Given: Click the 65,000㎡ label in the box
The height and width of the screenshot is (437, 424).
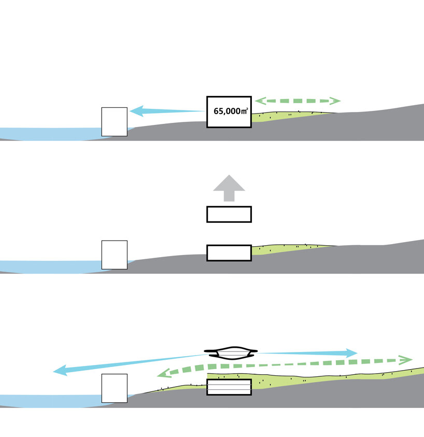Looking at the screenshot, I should [230, 111].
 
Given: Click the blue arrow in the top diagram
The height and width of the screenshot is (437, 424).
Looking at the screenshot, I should [166, 110].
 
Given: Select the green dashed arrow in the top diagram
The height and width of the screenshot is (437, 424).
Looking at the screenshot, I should [297, 101].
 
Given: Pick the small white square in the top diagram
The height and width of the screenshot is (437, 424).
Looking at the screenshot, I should [114, 122].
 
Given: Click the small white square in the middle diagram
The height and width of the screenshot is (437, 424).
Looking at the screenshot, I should [114, 255].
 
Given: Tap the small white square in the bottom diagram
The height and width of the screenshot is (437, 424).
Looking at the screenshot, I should [114, 388].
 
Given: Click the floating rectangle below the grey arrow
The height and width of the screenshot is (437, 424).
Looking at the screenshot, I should [229, 214].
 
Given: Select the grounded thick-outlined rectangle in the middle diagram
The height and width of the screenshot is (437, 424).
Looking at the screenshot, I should [229, 252].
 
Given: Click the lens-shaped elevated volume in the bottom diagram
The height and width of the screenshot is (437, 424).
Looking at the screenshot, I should [229, 354].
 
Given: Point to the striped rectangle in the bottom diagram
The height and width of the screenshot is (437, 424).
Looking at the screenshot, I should [229, 387].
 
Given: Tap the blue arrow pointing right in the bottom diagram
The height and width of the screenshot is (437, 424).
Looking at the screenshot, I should [311, 353].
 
